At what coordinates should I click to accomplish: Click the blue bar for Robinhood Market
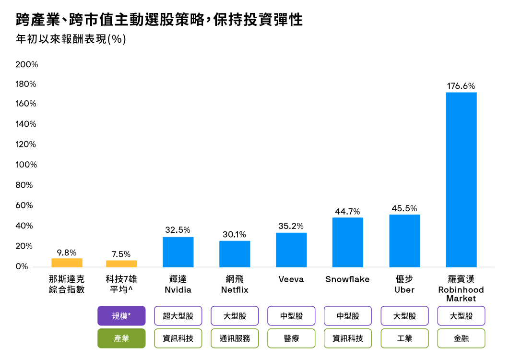click(461, 180)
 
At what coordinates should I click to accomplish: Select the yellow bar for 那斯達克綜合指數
click(67, 263)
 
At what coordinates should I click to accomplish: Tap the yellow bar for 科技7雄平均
click(121, 264)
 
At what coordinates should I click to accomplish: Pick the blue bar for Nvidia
click(178, 252)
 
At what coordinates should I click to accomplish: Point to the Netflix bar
click(235, 254)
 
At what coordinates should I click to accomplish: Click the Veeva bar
click(291, 250)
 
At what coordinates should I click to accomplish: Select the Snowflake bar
click(348, 242)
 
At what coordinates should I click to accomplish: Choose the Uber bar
click(404, 240)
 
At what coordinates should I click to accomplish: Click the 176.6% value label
click(461, 86)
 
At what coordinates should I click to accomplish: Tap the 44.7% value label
click(348, 212)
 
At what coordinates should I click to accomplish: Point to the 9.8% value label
click(67, 252)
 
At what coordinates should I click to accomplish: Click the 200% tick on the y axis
click(26, 64)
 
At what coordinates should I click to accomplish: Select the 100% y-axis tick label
click(26, 165)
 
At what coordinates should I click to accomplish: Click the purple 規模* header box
click(121, 316)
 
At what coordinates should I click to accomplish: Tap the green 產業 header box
click(121, 338)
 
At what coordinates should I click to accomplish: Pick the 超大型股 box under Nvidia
click(178, 316)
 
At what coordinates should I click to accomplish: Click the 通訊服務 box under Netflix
click(235, 338)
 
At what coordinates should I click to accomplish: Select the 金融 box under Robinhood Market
click(461, 338)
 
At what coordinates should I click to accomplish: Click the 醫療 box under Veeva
click(291, 338)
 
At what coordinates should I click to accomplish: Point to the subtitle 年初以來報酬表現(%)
click(71, 39)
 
